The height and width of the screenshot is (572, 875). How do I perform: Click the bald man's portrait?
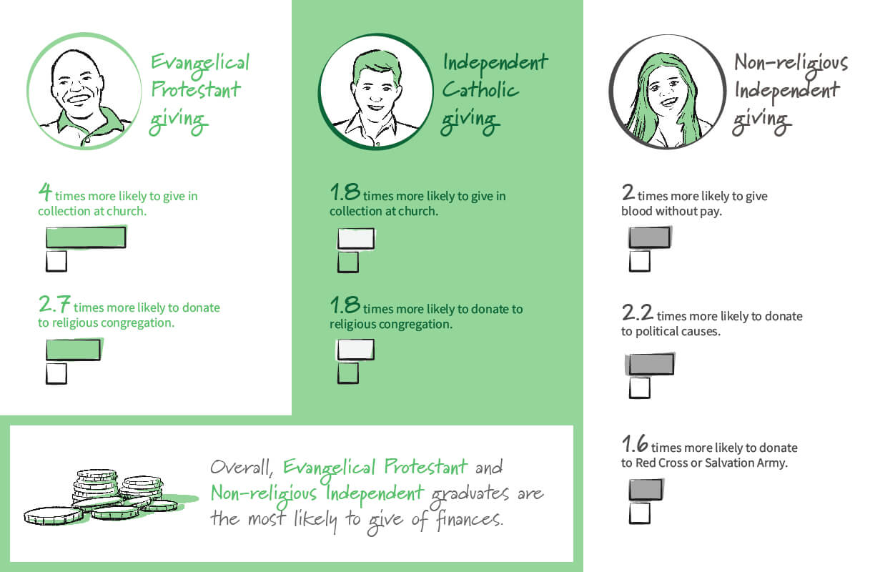(84, 92)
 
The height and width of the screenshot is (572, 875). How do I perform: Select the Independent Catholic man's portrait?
(376, 92)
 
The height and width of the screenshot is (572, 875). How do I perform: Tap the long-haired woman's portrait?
(668, 92)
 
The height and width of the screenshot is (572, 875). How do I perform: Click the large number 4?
(45, 192)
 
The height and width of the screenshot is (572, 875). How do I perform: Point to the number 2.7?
(54, 304)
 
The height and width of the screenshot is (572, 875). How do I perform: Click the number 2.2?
(638, 312)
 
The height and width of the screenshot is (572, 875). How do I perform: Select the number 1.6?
(635, 443)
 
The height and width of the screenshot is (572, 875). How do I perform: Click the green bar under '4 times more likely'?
(86, 237)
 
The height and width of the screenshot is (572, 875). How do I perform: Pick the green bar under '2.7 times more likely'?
(73, 350)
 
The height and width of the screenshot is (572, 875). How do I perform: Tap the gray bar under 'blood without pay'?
(649, 237)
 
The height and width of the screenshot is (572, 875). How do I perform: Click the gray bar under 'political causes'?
(651, 364)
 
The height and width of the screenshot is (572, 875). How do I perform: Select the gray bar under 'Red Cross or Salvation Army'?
(646, 490)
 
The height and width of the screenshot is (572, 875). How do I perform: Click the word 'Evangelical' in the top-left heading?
(200, 64)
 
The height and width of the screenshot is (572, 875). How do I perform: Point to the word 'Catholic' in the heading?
(480, 89)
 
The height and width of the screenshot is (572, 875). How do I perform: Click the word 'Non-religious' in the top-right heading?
(791, 64)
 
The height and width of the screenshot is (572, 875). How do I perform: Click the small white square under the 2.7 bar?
(56, 373)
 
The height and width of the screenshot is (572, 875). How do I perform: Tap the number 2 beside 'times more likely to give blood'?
(628, 192)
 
